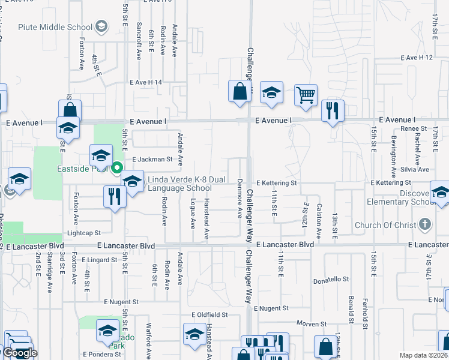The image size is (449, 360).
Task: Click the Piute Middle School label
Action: coord(55,27)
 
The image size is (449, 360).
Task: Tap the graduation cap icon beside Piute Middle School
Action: coord(101,26)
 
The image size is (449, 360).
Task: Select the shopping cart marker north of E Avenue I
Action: coord(306,95)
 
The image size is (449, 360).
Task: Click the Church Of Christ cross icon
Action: coord(425,225)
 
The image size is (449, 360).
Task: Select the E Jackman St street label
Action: coord(152,160)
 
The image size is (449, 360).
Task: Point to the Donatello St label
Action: coord(331,280)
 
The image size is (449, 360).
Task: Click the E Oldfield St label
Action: coord(209,314)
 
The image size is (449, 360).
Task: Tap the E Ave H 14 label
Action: coord(145,82)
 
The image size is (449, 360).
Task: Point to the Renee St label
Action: coord(414,128)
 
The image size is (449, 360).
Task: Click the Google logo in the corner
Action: coord(20,353)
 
